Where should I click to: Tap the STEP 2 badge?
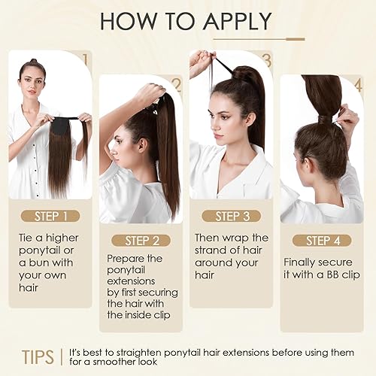(x=141, y=241)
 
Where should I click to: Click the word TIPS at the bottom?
(x=38, y=354)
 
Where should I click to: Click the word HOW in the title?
(x=126, y=21)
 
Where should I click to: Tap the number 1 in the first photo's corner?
(x=86, y=58)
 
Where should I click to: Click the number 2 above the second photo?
(x=176, y=83)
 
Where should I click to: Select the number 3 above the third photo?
(x=267, y=59)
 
